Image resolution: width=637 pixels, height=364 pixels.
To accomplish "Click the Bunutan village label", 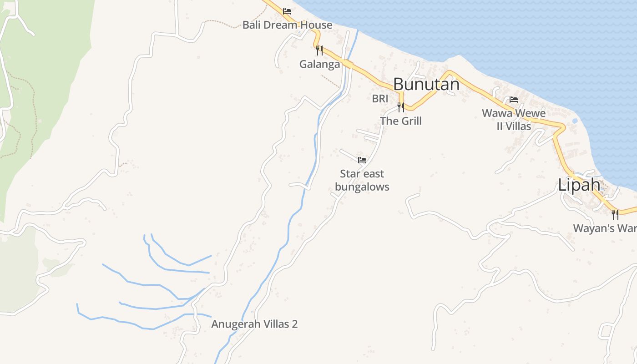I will (426, 84).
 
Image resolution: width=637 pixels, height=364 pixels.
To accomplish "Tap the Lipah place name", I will (579, 185).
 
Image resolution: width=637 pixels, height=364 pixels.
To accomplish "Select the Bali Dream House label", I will (287, 25).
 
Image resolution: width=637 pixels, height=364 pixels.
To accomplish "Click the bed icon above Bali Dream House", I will (287, 11).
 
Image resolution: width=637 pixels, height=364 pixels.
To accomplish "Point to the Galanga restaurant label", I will (319, 64).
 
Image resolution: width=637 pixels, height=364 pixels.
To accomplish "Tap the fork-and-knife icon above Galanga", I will (319, 50).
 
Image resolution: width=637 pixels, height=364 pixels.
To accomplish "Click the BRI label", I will (380, 98).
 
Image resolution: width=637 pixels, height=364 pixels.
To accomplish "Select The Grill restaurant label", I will (401, 121).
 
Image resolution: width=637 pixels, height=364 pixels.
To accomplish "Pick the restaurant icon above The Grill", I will (401, 107).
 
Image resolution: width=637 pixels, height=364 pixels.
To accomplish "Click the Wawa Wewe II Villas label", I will (514, 119).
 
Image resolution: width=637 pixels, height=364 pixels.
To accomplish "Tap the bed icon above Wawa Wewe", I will (514, 99).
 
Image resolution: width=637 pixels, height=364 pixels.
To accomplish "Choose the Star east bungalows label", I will (362, 180).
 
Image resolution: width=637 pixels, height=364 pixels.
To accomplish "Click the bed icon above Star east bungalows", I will (362, 160).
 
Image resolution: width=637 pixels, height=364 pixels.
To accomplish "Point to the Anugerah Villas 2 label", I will (254, 324).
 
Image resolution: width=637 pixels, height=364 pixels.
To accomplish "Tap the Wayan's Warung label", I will (605, 228).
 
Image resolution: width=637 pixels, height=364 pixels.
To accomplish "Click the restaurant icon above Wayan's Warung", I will (615, 214).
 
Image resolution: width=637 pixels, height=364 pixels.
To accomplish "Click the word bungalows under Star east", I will (362, 187).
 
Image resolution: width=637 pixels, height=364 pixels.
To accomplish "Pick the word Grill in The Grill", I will (410, 121).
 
